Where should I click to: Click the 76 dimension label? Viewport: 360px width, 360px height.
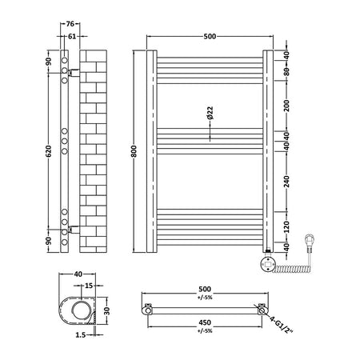70,24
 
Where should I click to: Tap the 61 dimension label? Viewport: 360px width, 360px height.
72,36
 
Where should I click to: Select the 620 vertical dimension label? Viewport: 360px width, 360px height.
48,151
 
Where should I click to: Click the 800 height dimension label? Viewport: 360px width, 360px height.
134,151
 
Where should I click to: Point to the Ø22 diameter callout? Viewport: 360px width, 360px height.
210,113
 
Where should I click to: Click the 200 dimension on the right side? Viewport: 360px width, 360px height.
286,106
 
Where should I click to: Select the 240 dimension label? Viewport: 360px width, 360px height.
286,182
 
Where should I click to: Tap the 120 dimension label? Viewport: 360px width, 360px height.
286,227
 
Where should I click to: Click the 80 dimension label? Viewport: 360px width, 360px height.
286,71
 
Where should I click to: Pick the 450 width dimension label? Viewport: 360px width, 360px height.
205,322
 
